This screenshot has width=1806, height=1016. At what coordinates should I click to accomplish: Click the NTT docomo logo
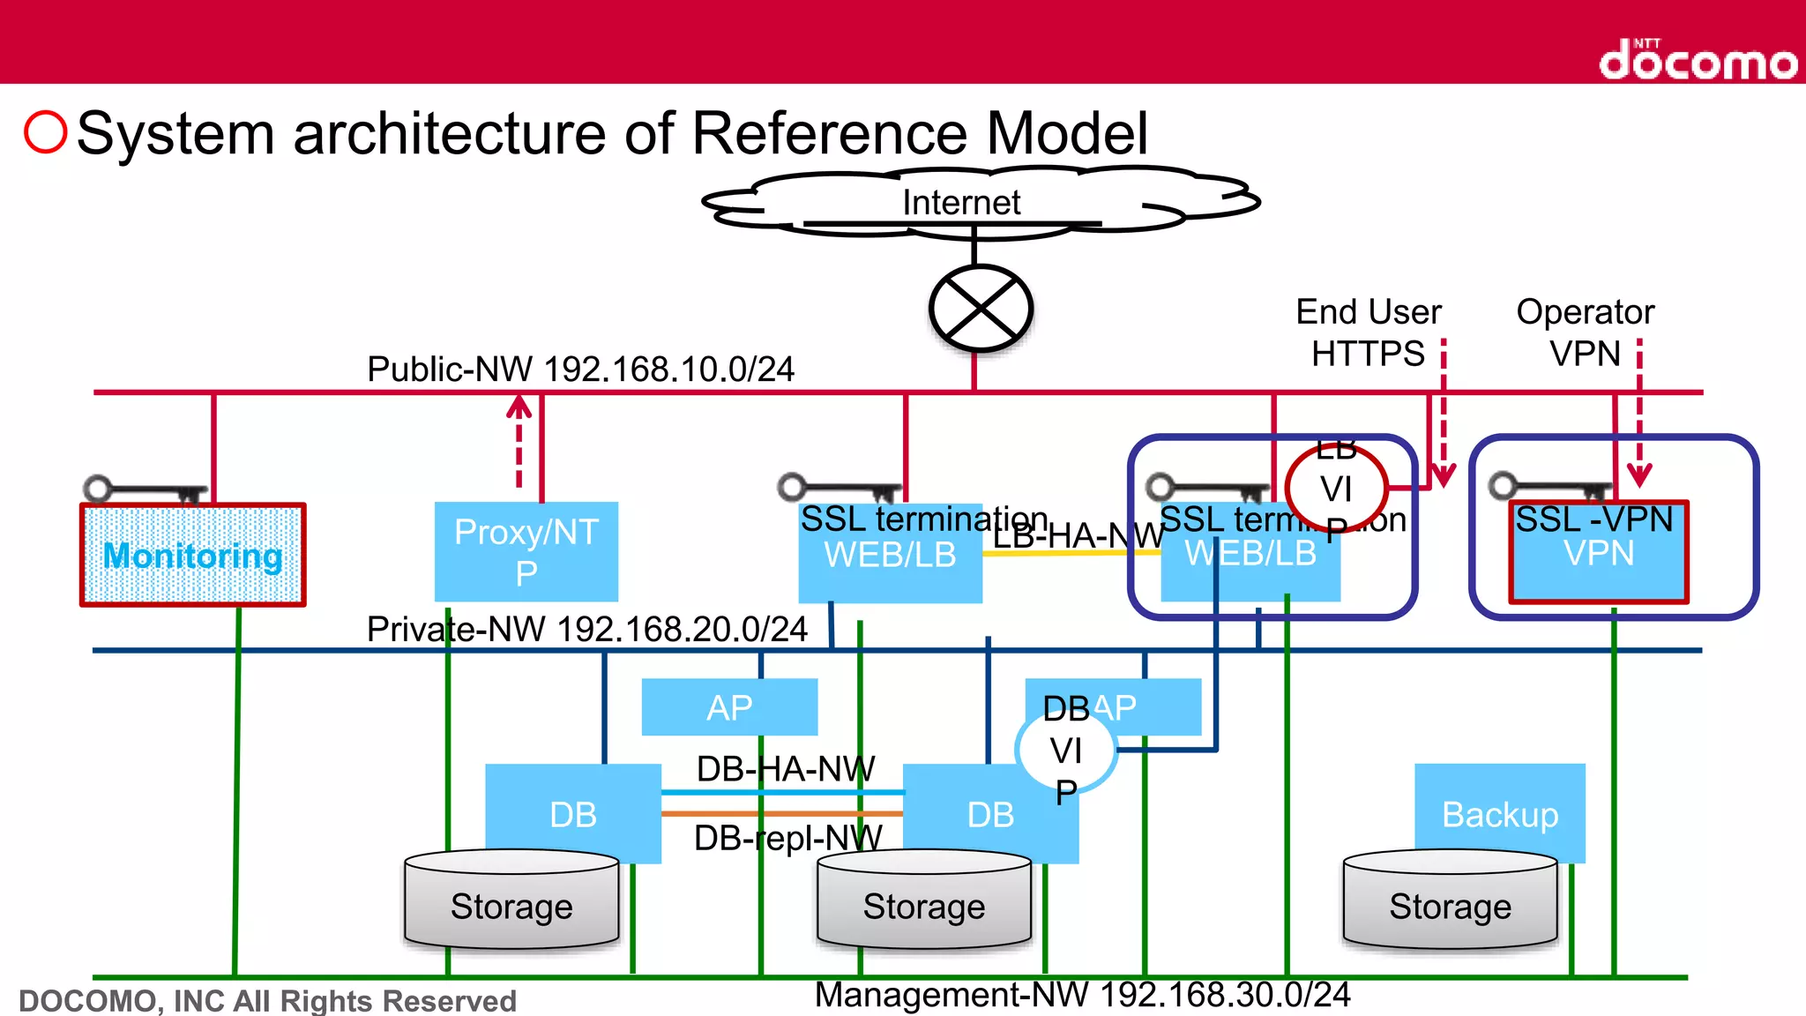(x=1698, y=60)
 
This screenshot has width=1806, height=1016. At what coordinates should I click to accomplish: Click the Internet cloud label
(x=960, y=203)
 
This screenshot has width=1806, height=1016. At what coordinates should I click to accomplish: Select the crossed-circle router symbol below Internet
(x=981, y=309)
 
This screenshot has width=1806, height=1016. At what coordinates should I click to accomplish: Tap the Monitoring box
(x=193, y=556)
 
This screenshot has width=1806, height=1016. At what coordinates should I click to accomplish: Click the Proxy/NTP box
(x=526, y=552)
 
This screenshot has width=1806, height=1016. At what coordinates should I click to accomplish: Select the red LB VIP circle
(x=1336, y=488)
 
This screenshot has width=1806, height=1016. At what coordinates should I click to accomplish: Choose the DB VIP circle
(x=1066, y=751)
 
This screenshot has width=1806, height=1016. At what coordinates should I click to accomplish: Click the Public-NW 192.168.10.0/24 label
(x=580, y=369)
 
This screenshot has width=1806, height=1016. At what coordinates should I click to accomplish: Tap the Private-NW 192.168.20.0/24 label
(x=586, y=630)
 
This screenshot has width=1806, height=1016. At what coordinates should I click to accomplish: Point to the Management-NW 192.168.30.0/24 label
(x=1082, y=995)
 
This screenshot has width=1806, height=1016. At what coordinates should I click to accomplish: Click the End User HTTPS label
(x=1368, y=332)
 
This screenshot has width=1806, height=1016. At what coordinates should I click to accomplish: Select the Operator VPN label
(x=1585, y=332)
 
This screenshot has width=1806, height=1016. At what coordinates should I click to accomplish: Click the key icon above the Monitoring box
(x=145, y=490)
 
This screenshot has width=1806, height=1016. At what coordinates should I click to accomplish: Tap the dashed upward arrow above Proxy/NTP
(x=519, y=441)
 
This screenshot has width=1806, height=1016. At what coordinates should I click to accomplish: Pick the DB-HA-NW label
(x=785, y=769)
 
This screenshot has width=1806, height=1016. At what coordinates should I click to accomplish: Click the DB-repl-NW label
(x=787, y=838)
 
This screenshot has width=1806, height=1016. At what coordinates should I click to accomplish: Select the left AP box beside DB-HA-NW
(x=729, y=707)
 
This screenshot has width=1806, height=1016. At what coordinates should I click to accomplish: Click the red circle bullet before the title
(x=46, y=132)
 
